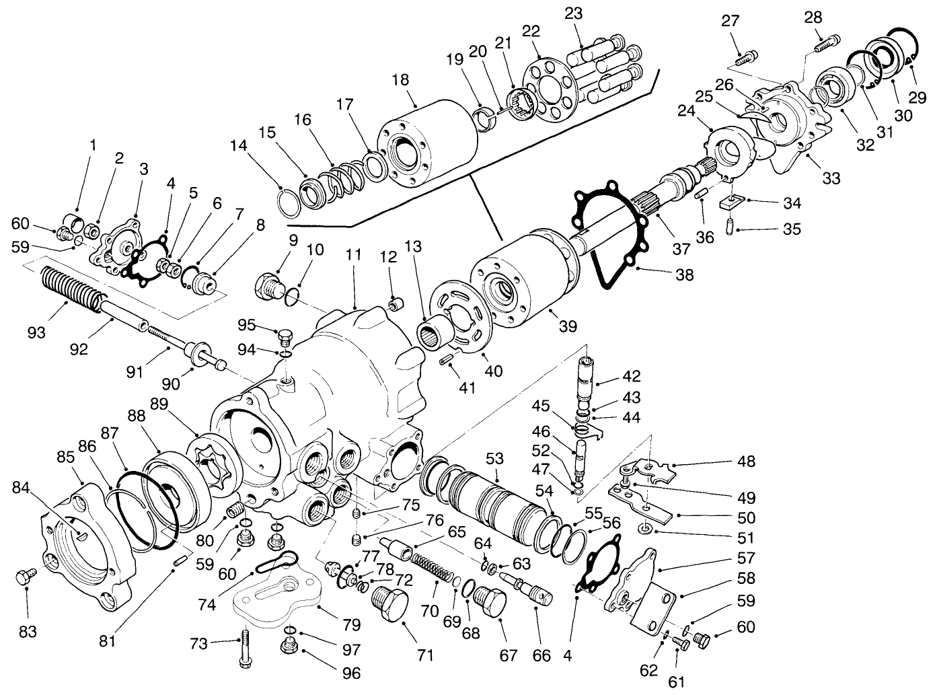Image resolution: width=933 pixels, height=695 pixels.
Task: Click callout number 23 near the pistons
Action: pos(574,13)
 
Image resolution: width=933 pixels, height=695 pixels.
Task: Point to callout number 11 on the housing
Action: pos(354,255)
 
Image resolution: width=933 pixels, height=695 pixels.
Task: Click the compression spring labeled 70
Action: pos(430,566)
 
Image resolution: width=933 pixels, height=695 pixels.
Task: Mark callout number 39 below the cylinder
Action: pos(568,327)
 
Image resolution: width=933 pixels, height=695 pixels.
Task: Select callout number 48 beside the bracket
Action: pos(745,462)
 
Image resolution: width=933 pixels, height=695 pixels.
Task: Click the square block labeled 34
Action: pos(730,200)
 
